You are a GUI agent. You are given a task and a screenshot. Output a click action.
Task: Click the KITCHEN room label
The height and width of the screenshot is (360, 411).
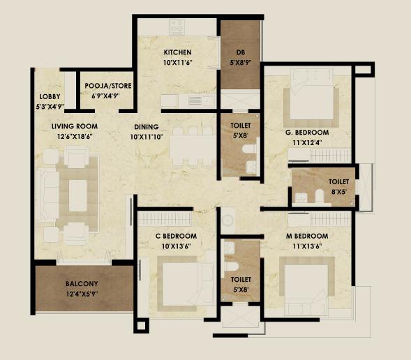pyautogui.click(x=178, y=52)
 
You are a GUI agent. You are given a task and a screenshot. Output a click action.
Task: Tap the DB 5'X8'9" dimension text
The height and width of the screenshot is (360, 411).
pyautogui.click(x=241, y=63)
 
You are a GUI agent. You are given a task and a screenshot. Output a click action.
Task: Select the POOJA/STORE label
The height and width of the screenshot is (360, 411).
pyautogui.click(x=108, y=86)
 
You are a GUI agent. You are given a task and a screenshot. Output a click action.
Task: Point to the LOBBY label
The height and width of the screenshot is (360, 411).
pyautogui.click(x=50, y=96)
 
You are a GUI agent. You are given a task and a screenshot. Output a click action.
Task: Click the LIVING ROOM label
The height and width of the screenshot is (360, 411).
pyautogui.click(x=75, y=126)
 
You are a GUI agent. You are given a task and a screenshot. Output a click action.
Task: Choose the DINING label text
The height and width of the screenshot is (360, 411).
pyautogui.click(x=147, y=127)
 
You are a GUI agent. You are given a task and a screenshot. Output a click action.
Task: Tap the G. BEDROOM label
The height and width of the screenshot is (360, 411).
pyautogui.click(x=307, y=133)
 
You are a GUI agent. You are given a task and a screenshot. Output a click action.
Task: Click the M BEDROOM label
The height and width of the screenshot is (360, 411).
pyautogui.click(x=307, y=236)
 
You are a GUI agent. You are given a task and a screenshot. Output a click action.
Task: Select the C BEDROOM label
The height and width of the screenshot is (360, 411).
pyautogui.click(x=176, y=236)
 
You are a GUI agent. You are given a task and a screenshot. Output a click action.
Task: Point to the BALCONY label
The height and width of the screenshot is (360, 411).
pyautogui.click(x=82, y=284)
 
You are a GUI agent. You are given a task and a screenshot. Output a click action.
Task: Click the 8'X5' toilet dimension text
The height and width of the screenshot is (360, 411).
pyautogui.click(x=339, y=192)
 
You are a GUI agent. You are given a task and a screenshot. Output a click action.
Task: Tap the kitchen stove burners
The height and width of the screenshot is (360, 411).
pyautogui.click(x=176, y=27)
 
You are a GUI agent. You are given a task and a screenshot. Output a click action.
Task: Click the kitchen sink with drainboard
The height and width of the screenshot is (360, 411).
pyautogui.click(x=201, y=101)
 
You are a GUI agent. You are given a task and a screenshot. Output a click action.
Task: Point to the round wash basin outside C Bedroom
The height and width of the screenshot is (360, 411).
pyautogui.click(x=227, y=220)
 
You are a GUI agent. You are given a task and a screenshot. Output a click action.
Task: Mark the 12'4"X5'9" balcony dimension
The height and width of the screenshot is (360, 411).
pyautogui.click(x=82, y=294)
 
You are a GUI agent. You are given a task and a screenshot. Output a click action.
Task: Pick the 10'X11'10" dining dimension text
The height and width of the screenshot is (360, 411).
pyautogui.click(x=147, y=137)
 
